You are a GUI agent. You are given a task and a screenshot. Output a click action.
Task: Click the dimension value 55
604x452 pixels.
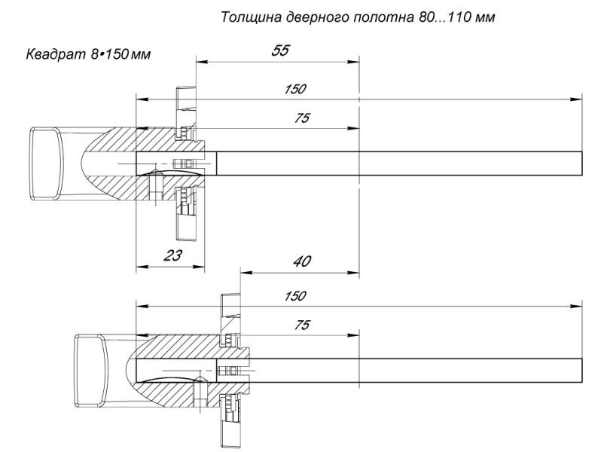pos(280,50)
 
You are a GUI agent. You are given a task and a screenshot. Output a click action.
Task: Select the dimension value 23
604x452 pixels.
pos(172,255)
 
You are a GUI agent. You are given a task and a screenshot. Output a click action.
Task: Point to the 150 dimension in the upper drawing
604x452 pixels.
pos(295,89)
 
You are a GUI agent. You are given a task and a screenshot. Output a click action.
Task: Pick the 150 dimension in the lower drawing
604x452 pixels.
pos(295,296)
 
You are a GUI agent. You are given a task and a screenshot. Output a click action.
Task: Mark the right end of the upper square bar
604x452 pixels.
pos(581,163)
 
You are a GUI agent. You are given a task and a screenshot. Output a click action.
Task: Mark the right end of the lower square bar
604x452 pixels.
pos(581,370)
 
